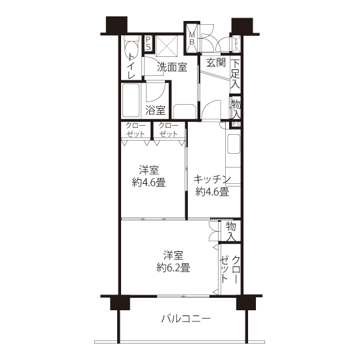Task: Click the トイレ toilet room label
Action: point(132,66)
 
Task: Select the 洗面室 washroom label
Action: point(172,67)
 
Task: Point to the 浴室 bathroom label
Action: point(155,110)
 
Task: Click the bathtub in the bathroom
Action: point(131,101)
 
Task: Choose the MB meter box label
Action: point(192,38)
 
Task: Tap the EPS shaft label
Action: point(236,44)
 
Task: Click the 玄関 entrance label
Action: point(216,62)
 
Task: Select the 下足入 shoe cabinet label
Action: point(235,74)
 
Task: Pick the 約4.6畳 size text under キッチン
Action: point(212,192)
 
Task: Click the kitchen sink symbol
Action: point(234,144)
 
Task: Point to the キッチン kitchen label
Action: point(211,179)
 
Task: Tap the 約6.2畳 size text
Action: point(173,268)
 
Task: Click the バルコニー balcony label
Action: point(186,319)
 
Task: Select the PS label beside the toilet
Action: point(148,43)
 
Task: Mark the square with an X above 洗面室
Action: point(167,46)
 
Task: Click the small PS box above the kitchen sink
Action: point(236,124)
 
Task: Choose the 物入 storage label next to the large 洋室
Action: point(231,232)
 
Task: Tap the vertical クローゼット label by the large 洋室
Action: point(230,269)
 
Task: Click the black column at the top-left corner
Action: point(117,25)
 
